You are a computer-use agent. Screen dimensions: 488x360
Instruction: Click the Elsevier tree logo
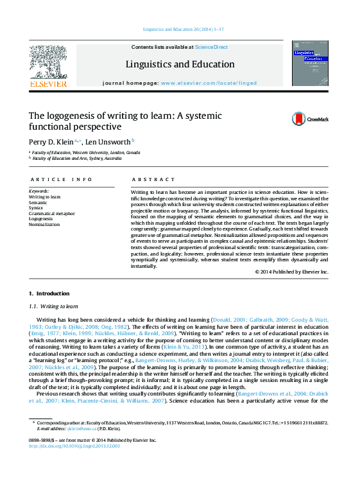coord(48,64)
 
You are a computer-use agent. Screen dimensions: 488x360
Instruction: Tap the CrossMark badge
coord(310,119)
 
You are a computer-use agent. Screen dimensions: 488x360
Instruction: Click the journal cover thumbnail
coord(310,64)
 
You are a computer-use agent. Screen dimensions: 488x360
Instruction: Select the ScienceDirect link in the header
coord(211,47)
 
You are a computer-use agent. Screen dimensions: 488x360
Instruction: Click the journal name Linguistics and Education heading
coord(180,64)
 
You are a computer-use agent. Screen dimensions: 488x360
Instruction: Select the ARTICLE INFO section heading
coord(61,180)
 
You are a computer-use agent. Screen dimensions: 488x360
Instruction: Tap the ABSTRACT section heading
coord(153,180)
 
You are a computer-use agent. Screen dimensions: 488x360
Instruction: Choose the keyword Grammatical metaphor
coord(52,213)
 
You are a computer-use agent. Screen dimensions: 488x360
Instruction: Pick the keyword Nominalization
coord(44,225)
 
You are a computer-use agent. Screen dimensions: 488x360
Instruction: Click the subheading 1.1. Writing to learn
coord(53,307)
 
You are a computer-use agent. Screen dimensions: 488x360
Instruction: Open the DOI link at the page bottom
coord(74,445)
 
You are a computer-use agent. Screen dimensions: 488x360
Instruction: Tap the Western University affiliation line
coord(86,152)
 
